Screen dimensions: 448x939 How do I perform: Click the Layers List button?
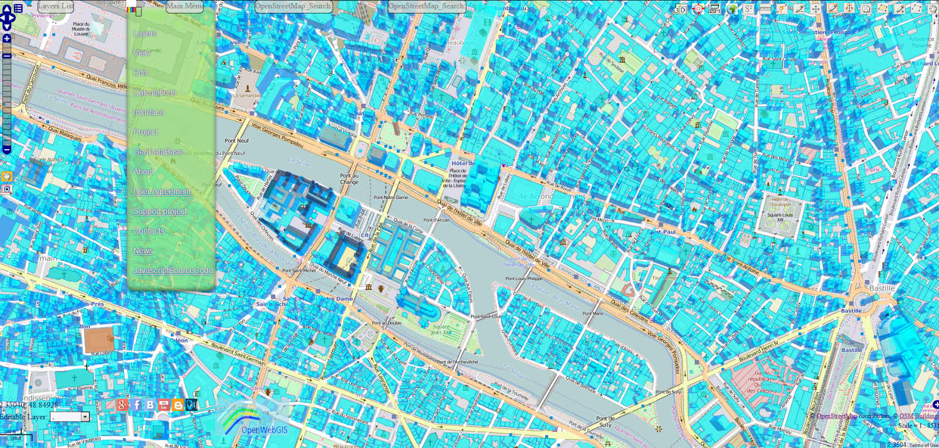(56, 6)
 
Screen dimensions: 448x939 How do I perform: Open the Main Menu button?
(184, 6)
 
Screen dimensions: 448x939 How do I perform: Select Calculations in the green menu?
(154, 93)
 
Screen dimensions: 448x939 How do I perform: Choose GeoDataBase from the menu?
(158, 152)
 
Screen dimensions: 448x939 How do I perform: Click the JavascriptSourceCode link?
(173, 271)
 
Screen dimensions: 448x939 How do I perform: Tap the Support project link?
(160, 211)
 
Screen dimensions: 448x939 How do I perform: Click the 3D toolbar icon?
(681, 9)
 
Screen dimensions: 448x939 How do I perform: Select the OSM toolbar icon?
(715, 9)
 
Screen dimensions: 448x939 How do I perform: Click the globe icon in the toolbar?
(732, 9)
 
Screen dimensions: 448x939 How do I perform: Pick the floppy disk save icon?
(866, 9)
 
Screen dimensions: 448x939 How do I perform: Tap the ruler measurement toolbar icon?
(765, 9)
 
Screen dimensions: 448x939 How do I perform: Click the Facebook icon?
(137, 405)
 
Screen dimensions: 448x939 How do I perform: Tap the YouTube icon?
(164, 405)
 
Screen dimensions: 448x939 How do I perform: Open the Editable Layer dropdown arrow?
(85, 417)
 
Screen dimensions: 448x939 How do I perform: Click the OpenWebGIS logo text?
(264, 430)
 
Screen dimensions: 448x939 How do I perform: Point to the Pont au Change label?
(349, 178)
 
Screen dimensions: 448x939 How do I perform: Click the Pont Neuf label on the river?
(237, 141)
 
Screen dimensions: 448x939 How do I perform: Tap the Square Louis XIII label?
(781, 217)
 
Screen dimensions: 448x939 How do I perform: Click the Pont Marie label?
(592, 314)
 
